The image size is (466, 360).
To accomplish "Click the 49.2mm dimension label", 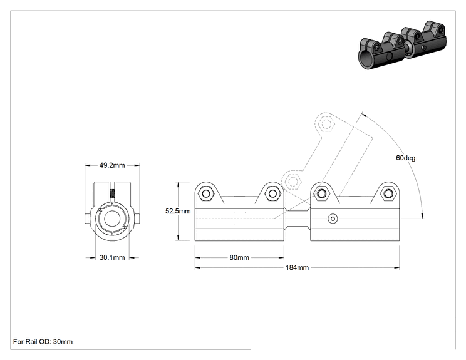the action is point(112,165).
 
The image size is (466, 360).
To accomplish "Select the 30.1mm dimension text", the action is point(112,257).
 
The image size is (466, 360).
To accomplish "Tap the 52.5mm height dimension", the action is point(178,211).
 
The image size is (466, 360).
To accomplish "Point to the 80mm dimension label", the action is point(239,257).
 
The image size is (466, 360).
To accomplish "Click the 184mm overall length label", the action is point(297,267).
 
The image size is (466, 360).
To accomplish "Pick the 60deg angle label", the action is point(406,158).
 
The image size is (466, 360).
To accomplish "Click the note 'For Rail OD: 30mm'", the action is point(43,342).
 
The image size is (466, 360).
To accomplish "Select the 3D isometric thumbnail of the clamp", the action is point(402,45).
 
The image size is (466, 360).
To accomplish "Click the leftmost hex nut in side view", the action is point(205,194).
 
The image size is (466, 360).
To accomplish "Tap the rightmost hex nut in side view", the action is point(388,194).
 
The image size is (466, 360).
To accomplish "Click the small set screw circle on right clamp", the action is point(333,219).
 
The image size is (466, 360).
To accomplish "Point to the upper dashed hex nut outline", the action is point(326,123).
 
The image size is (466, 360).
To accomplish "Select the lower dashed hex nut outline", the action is point(293,181).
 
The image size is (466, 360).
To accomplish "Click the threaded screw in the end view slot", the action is point(112,194).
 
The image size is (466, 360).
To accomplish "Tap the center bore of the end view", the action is point(112,219).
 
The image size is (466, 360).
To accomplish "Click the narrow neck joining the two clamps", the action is point(297,219).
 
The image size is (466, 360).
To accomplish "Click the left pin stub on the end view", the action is point(87,219).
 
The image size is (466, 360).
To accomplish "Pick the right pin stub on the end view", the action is point(137,219).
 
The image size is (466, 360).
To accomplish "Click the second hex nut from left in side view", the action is point(272,194).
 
